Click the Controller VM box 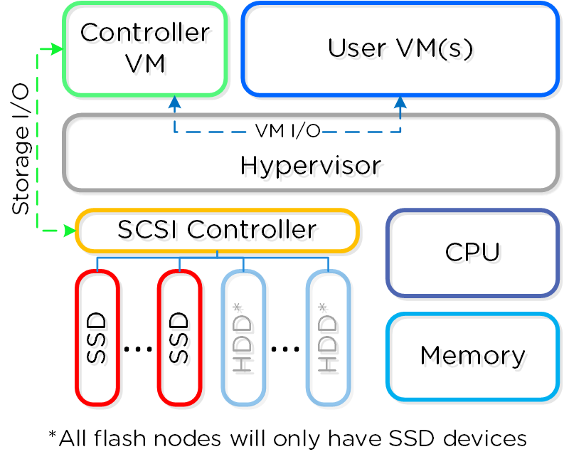[145, 48]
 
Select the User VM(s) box [400, 48]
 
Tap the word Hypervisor [311, 166]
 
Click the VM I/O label [287, 131]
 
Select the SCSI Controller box [217, 231]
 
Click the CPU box [472, 253]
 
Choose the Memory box [472, 356]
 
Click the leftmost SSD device [97, 337]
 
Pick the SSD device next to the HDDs [180, 337]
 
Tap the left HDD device [243, 337]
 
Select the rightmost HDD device [328, 337]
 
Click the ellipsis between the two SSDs [138, 349]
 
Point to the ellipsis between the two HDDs [285, 349]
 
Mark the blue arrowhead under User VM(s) [400, 102]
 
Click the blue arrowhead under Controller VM [175, 102]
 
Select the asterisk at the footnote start [52, 435]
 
